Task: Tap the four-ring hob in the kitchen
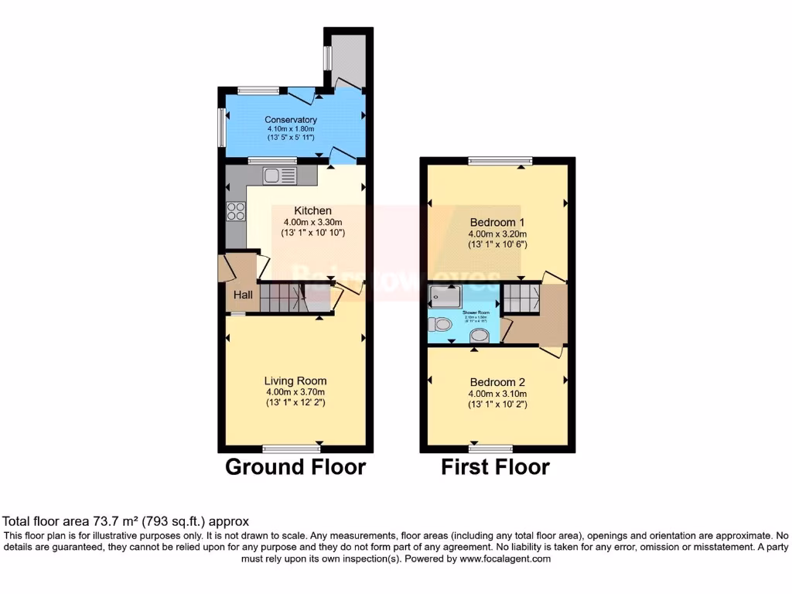[x=234, y=210]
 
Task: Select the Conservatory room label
[x=291, y=120]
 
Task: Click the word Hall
[x=243, y=295]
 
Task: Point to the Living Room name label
[x=295, y=381]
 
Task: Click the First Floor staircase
[x=520, y=299]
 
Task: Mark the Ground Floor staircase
[x=279, y=297]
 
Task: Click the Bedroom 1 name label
[x=498, y=221]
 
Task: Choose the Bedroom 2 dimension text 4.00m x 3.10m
[x=498, y=394]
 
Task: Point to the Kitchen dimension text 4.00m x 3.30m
[x=313, y=221]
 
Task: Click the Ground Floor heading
[x=295, y=467]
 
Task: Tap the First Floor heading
[x=496, y=467]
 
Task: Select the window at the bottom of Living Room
[x=291, y=449]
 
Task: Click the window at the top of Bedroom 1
[x=500, y=161]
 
